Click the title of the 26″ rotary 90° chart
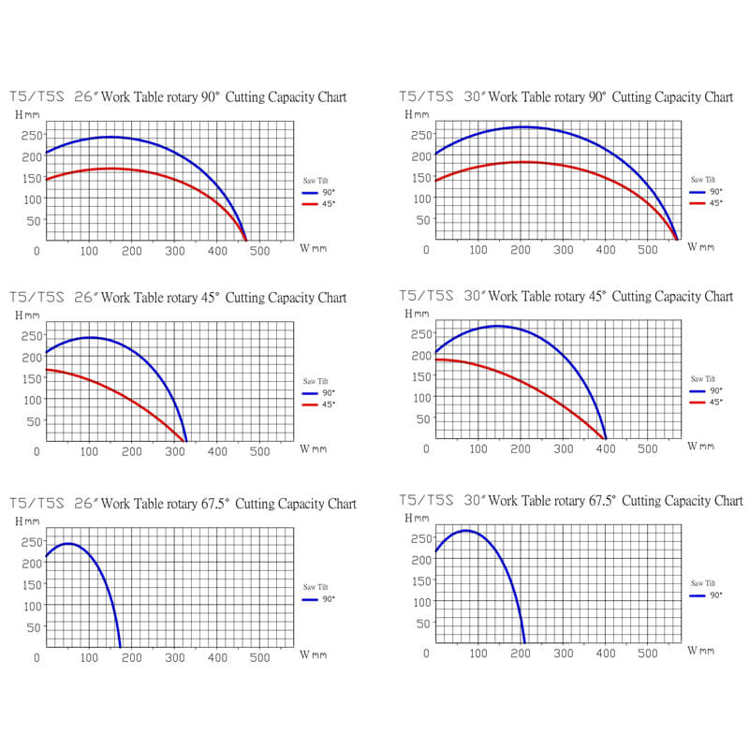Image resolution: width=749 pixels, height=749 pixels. click(x=178, y=96)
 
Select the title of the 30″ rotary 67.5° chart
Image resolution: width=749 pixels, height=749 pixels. click(x=571, y=500)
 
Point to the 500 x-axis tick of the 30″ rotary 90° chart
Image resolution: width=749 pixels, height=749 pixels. click(x=647, y=250)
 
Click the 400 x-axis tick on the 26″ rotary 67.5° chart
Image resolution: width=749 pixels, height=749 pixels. click(x=216, y=658)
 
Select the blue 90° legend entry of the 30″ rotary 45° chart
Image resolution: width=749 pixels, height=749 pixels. click(x=708, y=390)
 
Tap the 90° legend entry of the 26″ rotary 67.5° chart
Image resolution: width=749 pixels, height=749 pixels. click(x=318, y=599)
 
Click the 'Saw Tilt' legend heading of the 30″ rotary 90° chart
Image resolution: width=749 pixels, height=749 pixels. click(x=705, y=179)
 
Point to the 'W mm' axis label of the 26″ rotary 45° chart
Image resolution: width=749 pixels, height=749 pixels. click(x=313, y=449)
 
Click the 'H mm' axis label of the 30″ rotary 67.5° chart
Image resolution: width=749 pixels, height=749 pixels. click(x=417, y=517)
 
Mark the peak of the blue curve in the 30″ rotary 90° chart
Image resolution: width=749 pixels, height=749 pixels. click(x=521, y=126)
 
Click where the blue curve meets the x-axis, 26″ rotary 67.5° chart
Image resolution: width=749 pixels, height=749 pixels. click(x=121, y=647)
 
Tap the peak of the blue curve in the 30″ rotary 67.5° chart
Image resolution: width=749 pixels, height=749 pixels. click(x=465, y=531)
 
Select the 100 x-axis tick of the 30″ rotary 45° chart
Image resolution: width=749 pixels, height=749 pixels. click(x=477, y=448)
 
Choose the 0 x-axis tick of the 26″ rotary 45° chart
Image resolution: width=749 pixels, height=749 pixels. click(x=37, y=451)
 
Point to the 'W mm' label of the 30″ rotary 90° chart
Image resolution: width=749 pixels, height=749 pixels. click(x=700, y=247)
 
